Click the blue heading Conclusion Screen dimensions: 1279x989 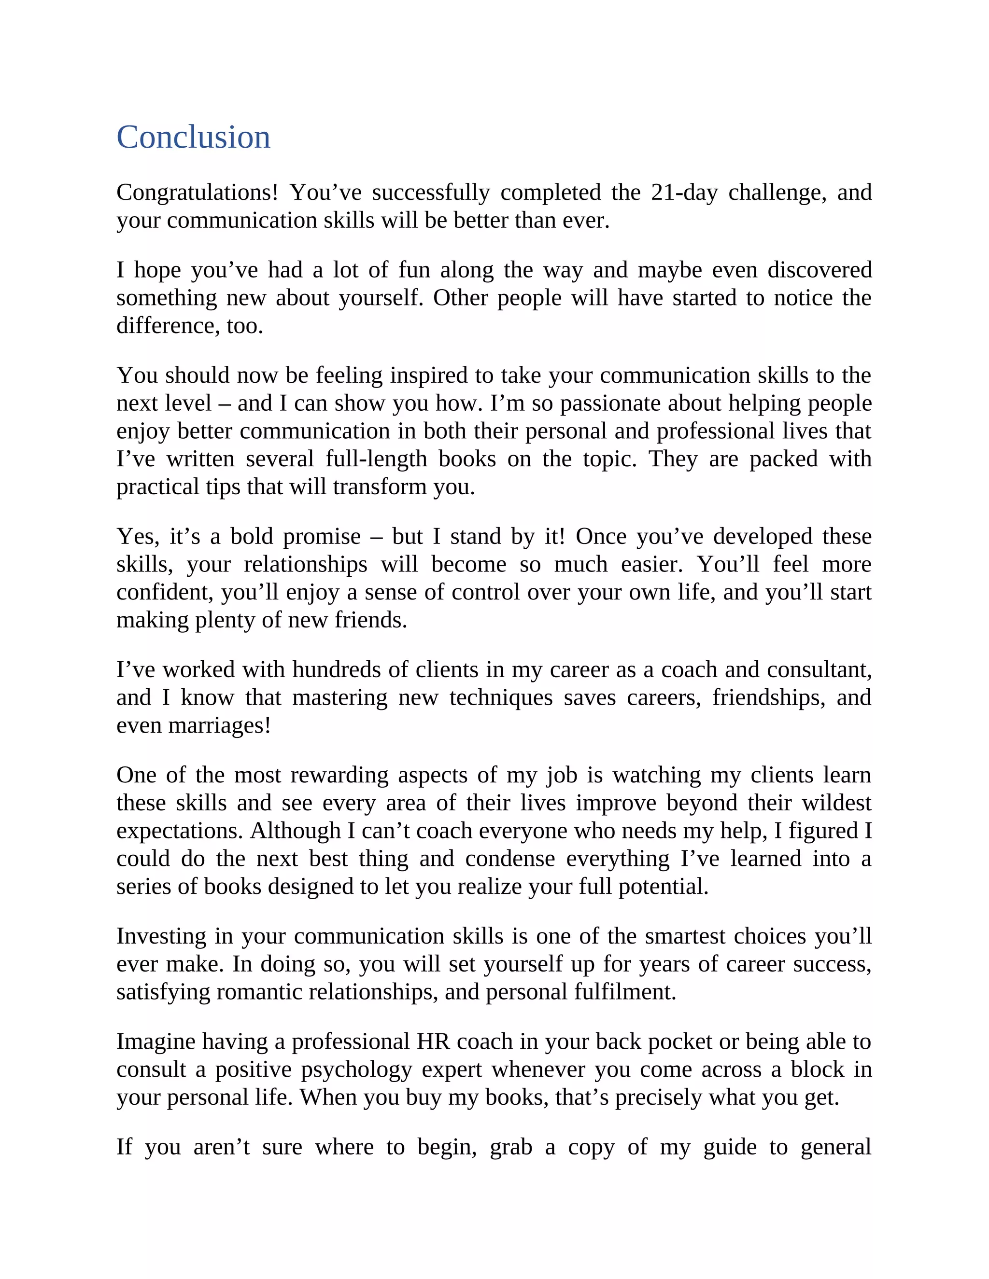coord(193,137)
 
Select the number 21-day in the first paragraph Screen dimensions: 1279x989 coord(684,193)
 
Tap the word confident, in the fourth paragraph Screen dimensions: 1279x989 coord(165,592)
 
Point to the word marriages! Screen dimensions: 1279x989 coord(219,725)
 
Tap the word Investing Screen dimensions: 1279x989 coord(161,936)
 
